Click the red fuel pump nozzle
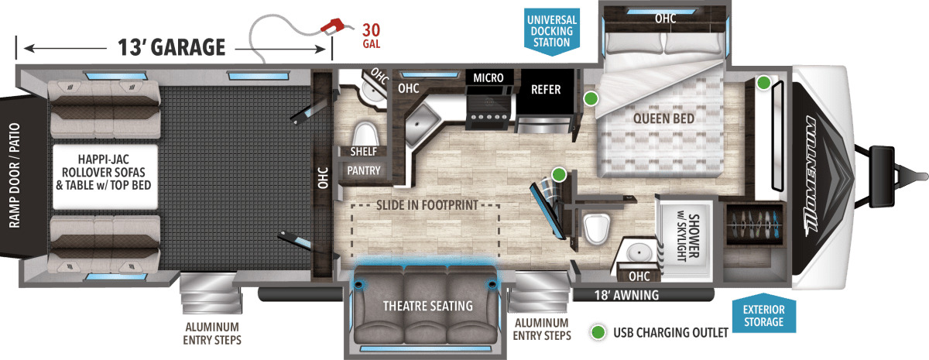coord(333,26)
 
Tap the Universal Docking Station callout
coord(551,32)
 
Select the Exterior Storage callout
coord(763,315)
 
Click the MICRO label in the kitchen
coord(488,77)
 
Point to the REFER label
coord(546,90)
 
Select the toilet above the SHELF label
coord(365,134)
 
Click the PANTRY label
coord(363,170)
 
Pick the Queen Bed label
coord(663,118)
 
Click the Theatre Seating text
coord(427,306)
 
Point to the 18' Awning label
coord(626,295)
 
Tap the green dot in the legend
coord(598,332)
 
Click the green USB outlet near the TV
coord(559,175)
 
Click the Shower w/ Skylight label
coord(687,237)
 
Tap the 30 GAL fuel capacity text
coord(371,36)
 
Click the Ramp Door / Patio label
coord(15,176)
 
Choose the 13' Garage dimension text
coord(172,47)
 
